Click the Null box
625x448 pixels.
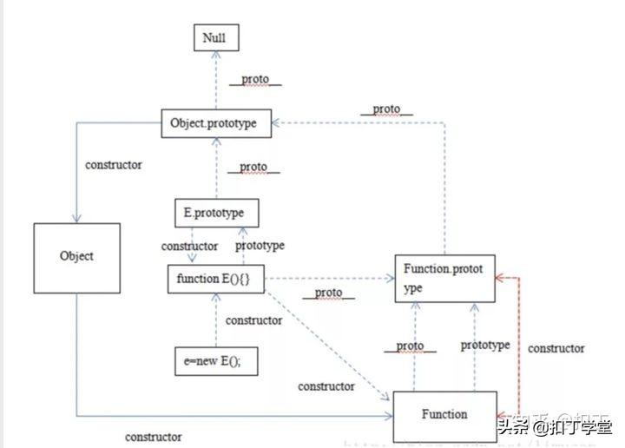click(215, 38)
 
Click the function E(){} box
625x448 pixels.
click(214, 280)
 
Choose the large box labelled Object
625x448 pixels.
click(76, 257)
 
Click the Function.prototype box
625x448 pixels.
click(444, 278)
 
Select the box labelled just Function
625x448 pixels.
click(444, 415)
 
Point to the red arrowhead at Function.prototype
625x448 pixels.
click(500, 278)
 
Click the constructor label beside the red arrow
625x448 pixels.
click(556, 348)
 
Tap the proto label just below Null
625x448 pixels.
click(255, 79)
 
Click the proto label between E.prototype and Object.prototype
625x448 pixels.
click(253, 166)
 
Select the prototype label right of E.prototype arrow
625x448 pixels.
click(260, 246)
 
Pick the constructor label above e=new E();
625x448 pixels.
click(253, 320)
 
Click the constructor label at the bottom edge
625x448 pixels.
click(153, 437)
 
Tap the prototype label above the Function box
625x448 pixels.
click(484, 346)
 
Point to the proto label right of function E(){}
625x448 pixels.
click(328, 293)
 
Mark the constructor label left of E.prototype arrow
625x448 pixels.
click(190, 247)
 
